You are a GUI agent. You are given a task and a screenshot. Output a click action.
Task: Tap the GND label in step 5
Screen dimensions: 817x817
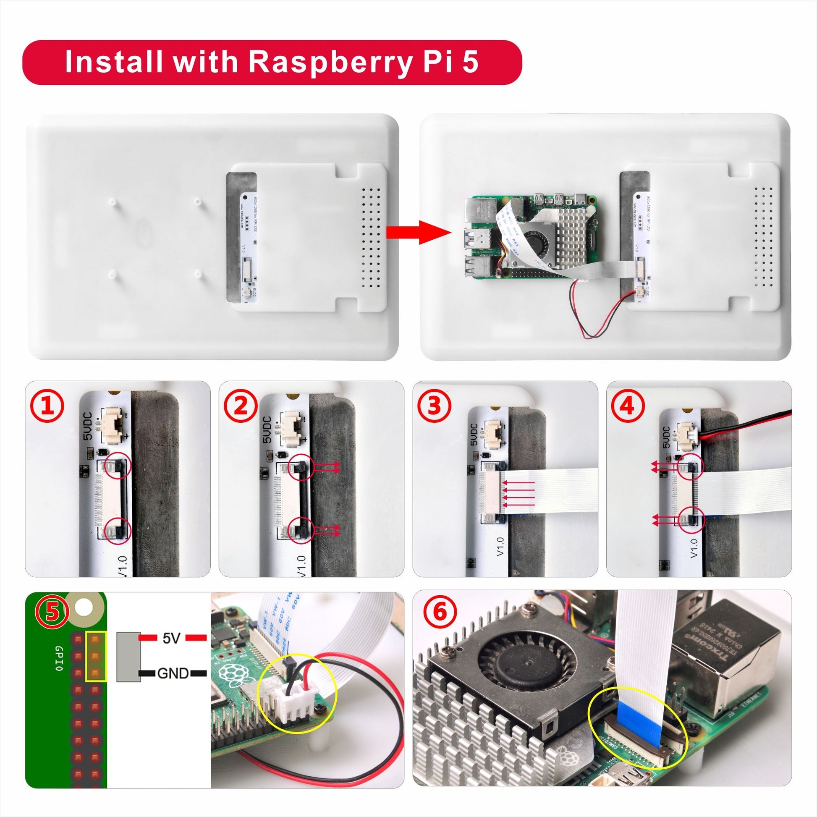[x=173, y=673]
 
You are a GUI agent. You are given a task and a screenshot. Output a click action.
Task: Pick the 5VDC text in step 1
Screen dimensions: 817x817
[x=89, y=427]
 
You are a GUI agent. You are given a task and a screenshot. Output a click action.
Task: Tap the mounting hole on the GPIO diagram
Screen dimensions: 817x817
[x=84, y=608]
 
